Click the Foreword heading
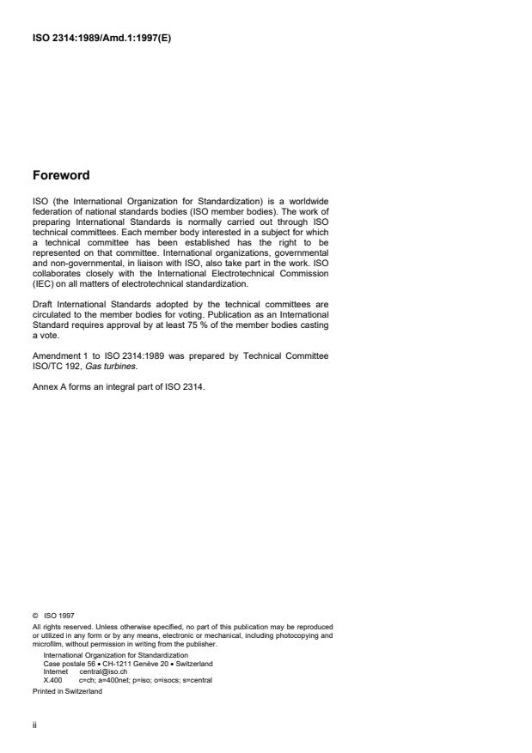click(x=60, y=176)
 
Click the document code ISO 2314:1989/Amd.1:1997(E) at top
click(x=101, y=39)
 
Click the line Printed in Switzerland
click(x=67, y=691)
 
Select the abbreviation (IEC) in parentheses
click(x=43, y=283)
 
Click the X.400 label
click(x=52, y=679)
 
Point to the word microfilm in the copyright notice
click(x=48, y=642)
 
